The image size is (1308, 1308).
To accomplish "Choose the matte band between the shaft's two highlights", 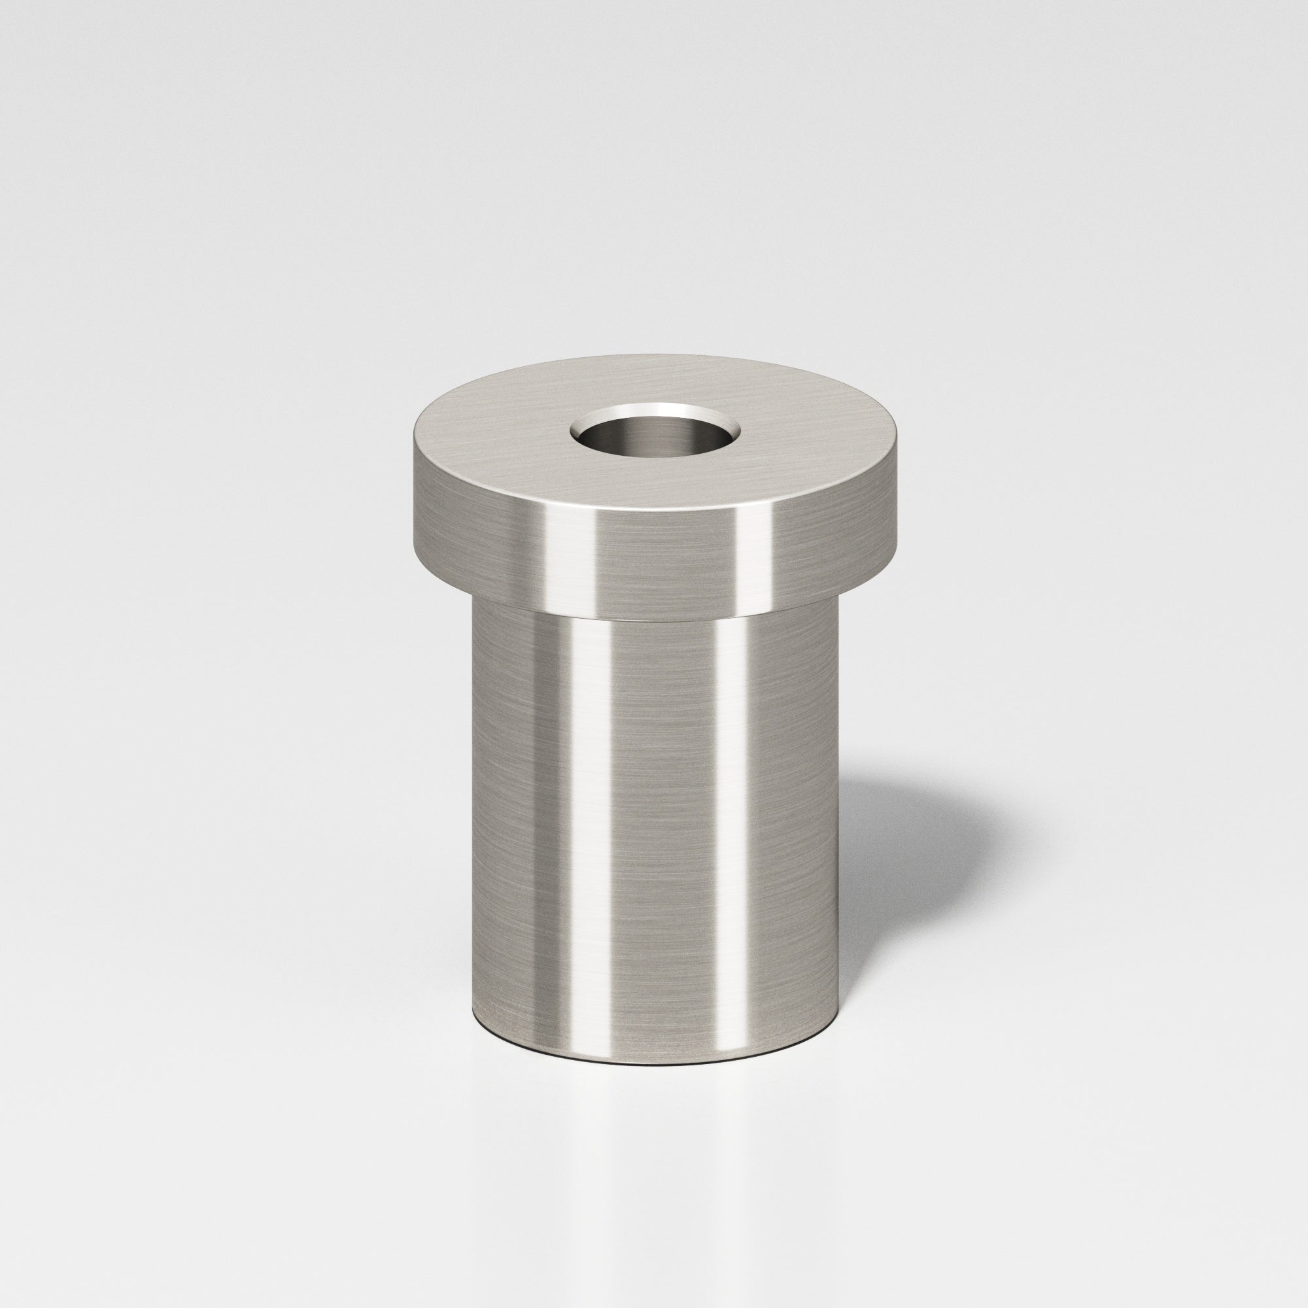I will coord(657,812).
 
